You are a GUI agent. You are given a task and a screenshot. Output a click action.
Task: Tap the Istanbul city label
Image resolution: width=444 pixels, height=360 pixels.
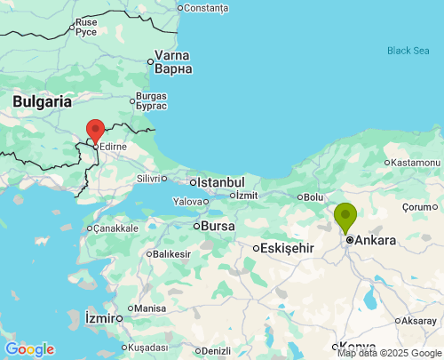[x=220, y=182]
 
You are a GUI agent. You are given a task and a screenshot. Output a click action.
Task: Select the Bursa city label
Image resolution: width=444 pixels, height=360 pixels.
[x=218, y=226]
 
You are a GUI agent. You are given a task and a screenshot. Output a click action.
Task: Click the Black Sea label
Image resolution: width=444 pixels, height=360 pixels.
[x=408, y=51]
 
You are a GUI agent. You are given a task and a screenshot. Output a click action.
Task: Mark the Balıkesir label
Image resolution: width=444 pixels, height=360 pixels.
[x=172, y=254]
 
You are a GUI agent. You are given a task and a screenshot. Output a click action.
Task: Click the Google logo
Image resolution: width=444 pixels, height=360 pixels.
[x=29, y=349]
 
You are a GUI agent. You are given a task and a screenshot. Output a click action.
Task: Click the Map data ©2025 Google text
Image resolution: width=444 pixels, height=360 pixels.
[x=388, y=353]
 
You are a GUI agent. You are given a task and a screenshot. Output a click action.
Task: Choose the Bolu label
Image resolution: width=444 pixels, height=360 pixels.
[x=314, y=196]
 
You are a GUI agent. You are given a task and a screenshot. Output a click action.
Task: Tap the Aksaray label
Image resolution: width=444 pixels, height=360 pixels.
[x=418, y=320]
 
